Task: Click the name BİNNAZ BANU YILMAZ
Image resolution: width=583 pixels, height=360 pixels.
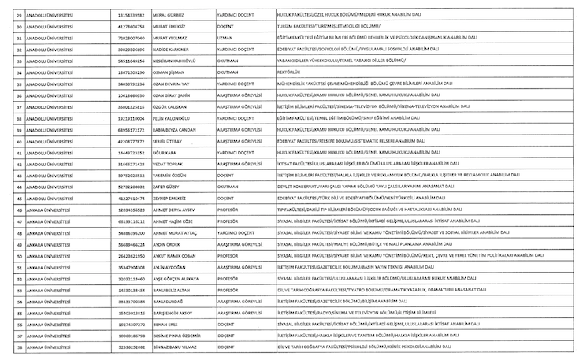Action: (176, 347)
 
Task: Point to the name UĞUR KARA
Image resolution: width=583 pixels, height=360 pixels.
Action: (166, 152)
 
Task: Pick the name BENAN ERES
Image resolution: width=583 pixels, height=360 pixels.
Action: (166, 324)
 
